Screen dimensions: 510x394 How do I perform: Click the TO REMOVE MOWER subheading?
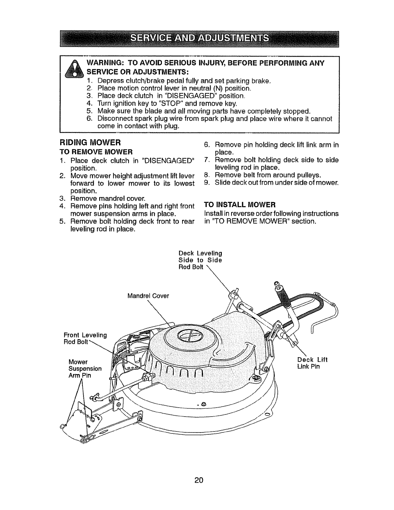(x=95, y=151)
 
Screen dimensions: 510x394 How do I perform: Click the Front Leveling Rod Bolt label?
(x=85, y=339)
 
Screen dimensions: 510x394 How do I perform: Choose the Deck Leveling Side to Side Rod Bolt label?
(x=200, y=260)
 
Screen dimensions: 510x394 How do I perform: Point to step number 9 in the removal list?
(x=207, y=183)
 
